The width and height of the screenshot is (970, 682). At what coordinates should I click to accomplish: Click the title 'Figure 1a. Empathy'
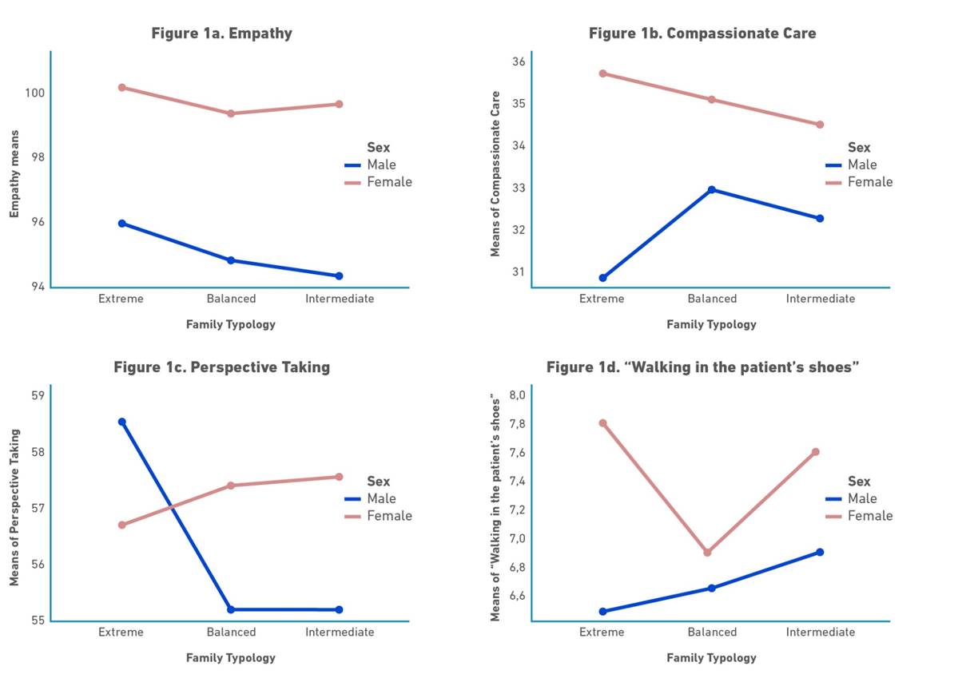pyautogui.click(x=221, y=34)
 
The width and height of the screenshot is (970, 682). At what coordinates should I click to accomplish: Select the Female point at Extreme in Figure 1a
pyautogui.click(x=121, y=87)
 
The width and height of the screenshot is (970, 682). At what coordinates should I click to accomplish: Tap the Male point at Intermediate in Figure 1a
pyautogui.click(x=339, y=276)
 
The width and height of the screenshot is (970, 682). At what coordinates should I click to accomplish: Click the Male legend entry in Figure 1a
pyautogui.click(x=381, y=165)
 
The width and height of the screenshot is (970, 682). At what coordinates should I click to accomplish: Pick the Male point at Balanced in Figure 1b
pyautogui.click(x=711, y=189)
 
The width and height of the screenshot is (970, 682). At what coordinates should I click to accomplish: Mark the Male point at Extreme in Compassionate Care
pyautogui.click(x=602, y=278)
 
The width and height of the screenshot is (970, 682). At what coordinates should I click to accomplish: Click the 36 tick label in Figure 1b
pyautogui.click(x=518, y=62)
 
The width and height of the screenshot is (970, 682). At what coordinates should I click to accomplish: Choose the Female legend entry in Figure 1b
pyautogui.click(x=869, y=182)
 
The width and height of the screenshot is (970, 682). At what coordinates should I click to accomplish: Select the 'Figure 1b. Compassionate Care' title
pyautogui.click(x=702, y=34)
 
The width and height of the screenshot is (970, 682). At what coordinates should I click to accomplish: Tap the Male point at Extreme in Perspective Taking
pyautogui.click(x=121, y=422)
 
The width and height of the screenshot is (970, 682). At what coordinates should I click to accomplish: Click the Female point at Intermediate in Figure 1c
pyautogui.click(x=339, y=477)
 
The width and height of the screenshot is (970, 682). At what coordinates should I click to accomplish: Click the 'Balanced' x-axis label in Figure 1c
pyautogui.click(x=231, y=632)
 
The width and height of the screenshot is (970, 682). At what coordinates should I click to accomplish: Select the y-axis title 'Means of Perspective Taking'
pyautogui.click(x=14, y=508)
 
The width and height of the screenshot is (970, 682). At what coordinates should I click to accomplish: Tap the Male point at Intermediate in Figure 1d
pyautogui.click(x=820, y=552)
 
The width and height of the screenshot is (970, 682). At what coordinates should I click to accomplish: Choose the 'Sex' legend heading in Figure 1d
pyautogui.click(x=859, y=482)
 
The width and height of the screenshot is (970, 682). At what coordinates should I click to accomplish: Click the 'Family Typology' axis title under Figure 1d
pyautogui.click(x=711, y=658)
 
